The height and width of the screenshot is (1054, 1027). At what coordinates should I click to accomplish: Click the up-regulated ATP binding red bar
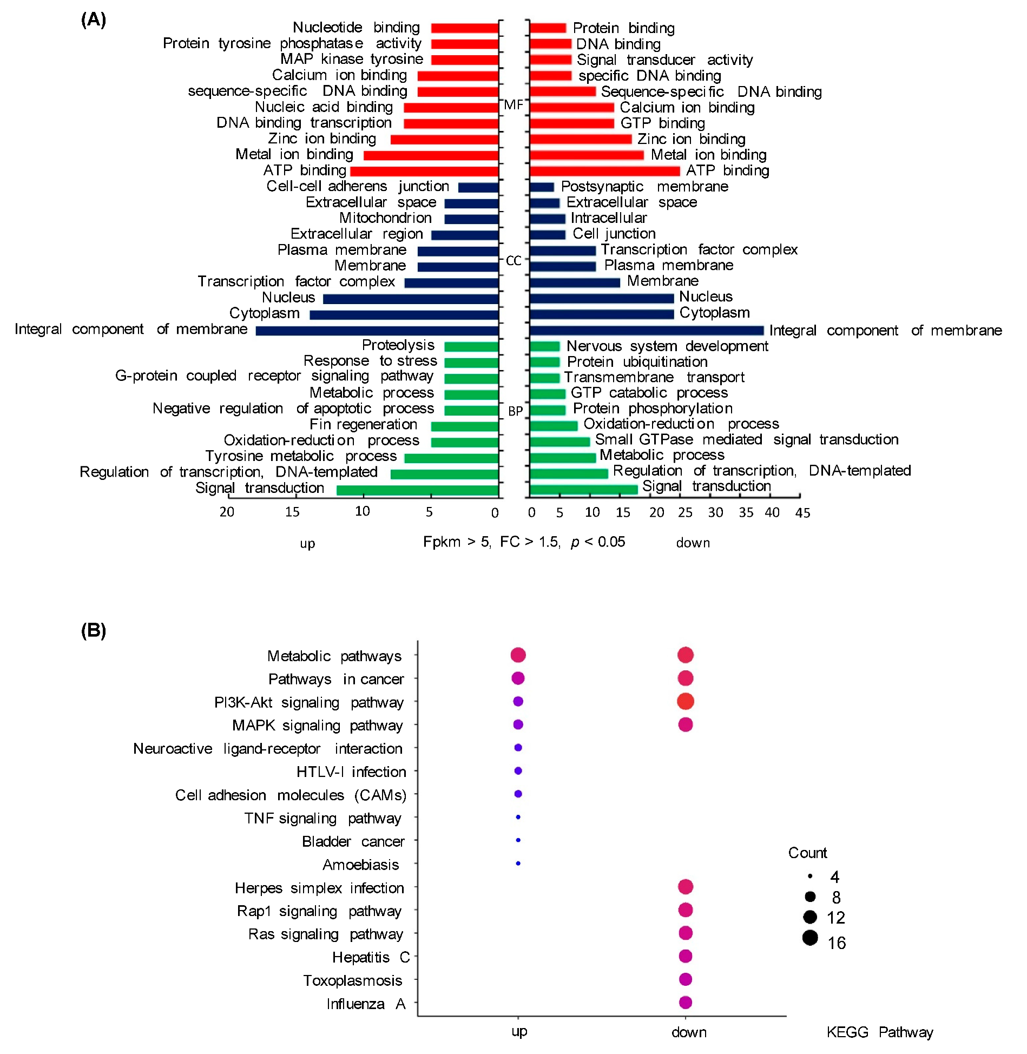[x=424, y=172]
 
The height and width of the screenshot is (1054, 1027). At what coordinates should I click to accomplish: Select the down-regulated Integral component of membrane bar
[x=646, y=331]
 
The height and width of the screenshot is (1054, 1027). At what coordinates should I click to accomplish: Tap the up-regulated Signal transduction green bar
[x=417, y=490]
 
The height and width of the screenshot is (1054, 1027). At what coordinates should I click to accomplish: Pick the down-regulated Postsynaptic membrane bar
[x=542, y=187]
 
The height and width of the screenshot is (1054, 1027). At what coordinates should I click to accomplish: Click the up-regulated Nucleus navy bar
[x=411, y=299]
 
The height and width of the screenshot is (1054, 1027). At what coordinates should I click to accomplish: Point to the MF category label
[x=513, y=105]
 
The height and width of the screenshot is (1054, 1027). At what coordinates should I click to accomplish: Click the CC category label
[x=513, y=261]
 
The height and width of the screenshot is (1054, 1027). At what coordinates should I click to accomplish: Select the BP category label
[x=515, y=411]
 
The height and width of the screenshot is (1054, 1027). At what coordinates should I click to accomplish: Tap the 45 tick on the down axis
[x=802, y=512]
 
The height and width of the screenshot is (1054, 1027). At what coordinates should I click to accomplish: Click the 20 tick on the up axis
[x=227, y=512]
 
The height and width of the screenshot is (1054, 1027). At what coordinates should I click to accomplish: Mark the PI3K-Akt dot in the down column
[x=685, y=701]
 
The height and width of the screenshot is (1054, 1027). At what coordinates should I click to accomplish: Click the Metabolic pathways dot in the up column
[x=518, y=655]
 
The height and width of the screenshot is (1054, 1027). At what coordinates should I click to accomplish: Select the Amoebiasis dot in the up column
[x=518, y=864]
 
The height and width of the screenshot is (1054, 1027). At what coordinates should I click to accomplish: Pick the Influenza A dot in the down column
[x=685, y=1003]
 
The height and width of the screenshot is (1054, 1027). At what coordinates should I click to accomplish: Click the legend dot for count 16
[x=809, y=938]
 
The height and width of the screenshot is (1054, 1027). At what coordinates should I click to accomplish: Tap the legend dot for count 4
[x=810, y=875]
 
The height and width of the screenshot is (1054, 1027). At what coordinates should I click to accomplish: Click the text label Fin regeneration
[x=363, y=424]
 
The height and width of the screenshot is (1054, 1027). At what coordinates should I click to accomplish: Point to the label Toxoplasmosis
[x=352, y=980]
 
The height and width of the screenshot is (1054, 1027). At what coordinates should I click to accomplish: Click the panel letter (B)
[x=93, y=630]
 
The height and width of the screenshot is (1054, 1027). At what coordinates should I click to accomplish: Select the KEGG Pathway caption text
[x=879, y=1032]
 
